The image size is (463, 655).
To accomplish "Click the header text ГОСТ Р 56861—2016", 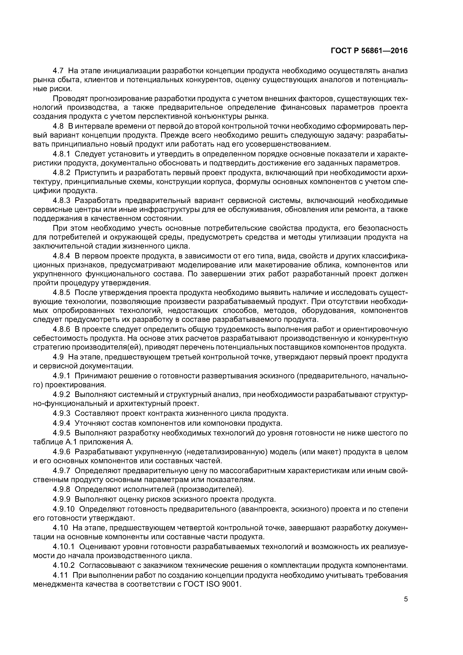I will pyautogui.click(x=369, y=51).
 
